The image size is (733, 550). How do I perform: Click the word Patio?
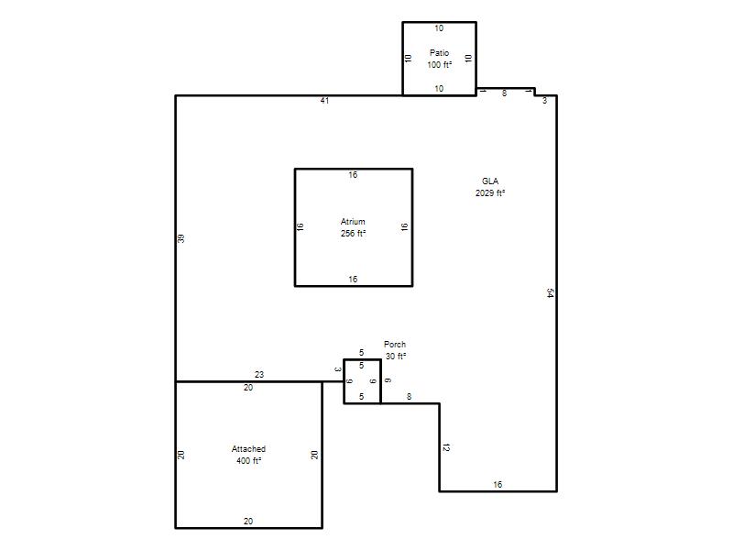[x=440, y=53]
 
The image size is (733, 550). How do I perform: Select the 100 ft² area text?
[x=440, y=64]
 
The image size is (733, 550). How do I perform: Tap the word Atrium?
[x=353, y=222]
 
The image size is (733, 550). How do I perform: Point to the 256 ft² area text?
[x=353, y=234]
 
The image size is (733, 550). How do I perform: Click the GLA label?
[x=490, y=181]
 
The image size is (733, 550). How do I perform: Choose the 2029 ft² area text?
[x=490, y=193]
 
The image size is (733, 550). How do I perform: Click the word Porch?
[x=395, y=345]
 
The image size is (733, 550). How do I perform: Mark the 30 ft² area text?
[x=396, y=356]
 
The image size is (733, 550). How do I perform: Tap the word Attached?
[x=248, y=449]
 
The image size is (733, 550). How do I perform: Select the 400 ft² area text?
[x=248, y=461]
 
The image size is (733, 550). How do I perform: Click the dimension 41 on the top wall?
[x=325, y=101]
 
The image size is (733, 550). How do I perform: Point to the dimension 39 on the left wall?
[x=181, y=238]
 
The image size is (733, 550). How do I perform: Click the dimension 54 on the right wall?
[x=551, y=293]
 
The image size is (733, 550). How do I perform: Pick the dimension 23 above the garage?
[x=259, y=375]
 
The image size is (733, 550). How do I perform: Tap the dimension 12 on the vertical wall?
[x=446, y=447]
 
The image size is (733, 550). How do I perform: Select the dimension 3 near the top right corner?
[x=544, y=101]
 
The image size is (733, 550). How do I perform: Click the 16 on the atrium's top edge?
[x=353, y=175]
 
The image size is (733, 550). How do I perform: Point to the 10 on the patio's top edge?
[x=439, y=28]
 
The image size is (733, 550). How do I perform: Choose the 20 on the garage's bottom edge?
[x=248, y=521]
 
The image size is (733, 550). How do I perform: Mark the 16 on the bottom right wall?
[x=498, y=485]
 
